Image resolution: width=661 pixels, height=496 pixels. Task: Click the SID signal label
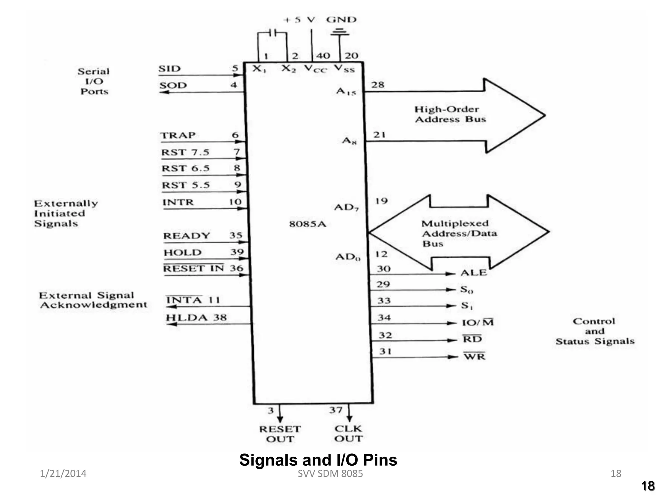coord(169,69)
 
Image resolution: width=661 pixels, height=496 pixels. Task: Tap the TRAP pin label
coord(178,135)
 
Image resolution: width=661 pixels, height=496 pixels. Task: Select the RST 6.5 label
coord(186,169)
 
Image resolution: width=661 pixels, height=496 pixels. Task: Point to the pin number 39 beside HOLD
coord(237,252)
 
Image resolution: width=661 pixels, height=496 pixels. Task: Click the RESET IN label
coord(193,268)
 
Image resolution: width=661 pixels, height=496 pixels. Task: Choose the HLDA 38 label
coord(196,318)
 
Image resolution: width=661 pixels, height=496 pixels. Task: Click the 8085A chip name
coord(308,224)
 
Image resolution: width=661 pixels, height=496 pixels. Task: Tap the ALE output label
coord(473,273)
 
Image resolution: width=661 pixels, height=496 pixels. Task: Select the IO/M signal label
coord(478,323)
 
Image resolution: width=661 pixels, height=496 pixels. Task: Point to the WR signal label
coord(474,356)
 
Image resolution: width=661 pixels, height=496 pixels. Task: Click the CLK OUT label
coord(348,434)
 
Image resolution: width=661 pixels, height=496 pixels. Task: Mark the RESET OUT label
coord(280,434)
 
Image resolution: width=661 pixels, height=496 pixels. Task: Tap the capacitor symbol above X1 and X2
coord(272,33)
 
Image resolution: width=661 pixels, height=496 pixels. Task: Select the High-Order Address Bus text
coord(450,114)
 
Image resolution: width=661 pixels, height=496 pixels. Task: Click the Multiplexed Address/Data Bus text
coord(459,233)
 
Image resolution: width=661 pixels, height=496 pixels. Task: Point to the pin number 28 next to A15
coord(378,85)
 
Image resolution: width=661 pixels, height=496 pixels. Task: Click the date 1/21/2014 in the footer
coord(63,473)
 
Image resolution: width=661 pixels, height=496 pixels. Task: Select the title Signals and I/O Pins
coord(318,460)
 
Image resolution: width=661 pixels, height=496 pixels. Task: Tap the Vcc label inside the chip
coord(315,69)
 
